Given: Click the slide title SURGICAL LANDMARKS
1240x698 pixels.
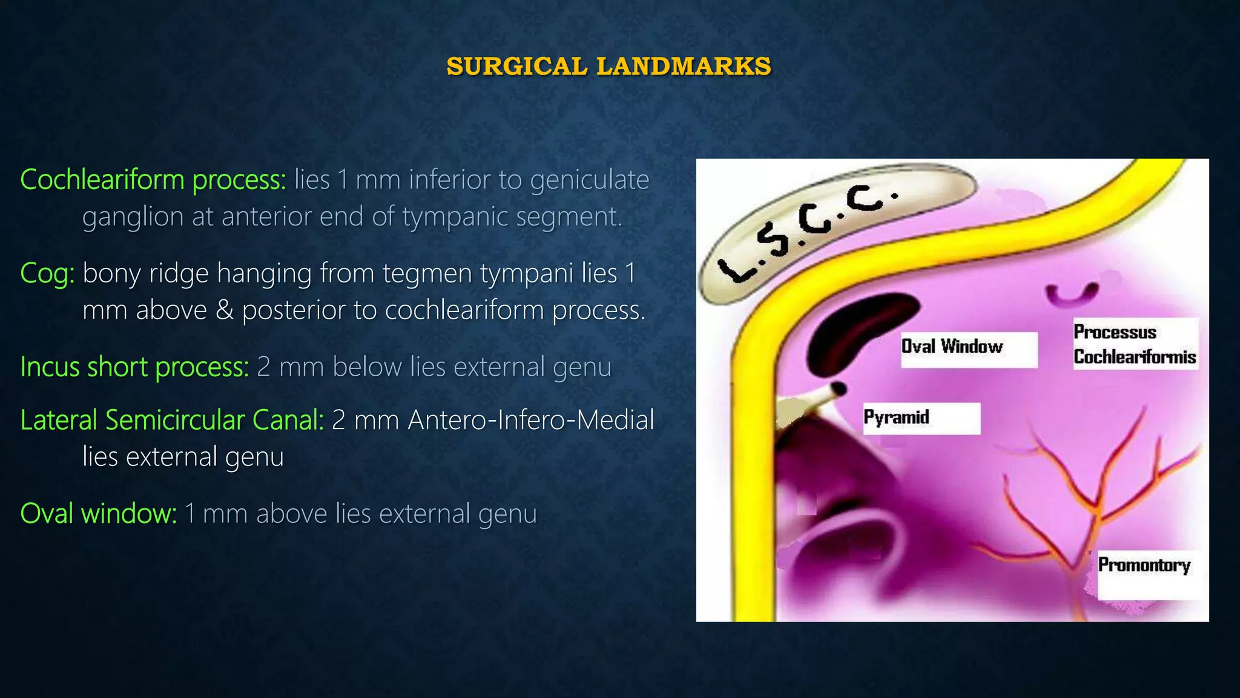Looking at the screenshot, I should coord(608,66).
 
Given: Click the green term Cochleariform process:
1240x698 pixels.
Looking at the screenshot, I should coord(153,180).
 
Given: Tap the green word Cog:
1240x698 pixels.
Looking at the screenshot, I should coord(47,273).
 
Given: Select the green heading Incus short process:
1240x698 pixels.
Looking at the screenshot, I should coord(134,367).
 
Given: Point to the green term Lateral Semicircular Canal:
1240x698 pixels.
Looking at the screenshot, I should coord(172,420).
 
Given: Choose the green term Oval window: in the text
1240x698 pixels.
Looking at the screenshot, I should coord(98,514).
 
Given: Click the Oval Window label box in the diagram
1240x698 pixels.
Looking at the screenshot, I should coord(968,348).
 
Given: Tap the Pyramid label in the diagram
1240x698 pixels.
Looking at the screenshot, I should coord(920,418).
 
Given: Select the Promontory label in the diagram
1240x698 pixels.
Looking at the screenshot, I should coord(1144,566).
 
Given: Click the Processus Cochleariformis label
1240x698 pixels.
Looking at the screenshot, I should coord(1135,344).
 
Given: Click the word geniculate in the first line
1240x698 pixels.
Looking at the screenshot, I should coord(589,180).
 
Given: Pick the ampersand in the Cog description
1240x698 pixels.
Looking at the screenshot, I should coord(225,311).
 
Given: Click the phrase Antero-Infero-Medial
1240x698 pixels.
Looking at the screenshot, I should coord(531,420).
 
